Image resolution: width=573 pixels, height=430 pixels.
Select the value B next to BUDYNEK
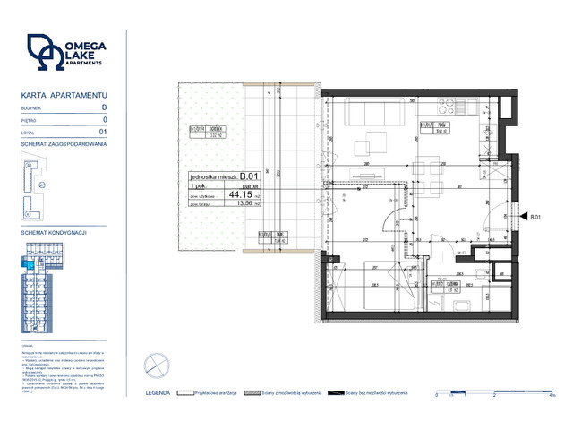pyautogui.click(x=104, y=107)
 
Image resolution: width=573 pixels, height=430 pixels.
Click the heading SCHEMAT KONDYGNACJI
pyautogui.click(x=53, y=232)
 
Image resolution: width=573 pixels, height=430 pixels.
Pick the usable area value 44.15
pyautogui.click(x=241, y=193)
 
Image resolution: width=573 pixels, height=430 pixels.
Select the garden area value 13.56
pyautogui.click(x=242, y=203)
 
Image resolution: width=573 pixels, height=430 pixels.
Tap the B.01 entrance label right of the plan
pyautogui.click(x=534, y=217)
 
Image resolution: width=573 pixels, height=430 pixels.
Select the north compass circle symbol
pyautogui.click(x=158, y=365)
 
